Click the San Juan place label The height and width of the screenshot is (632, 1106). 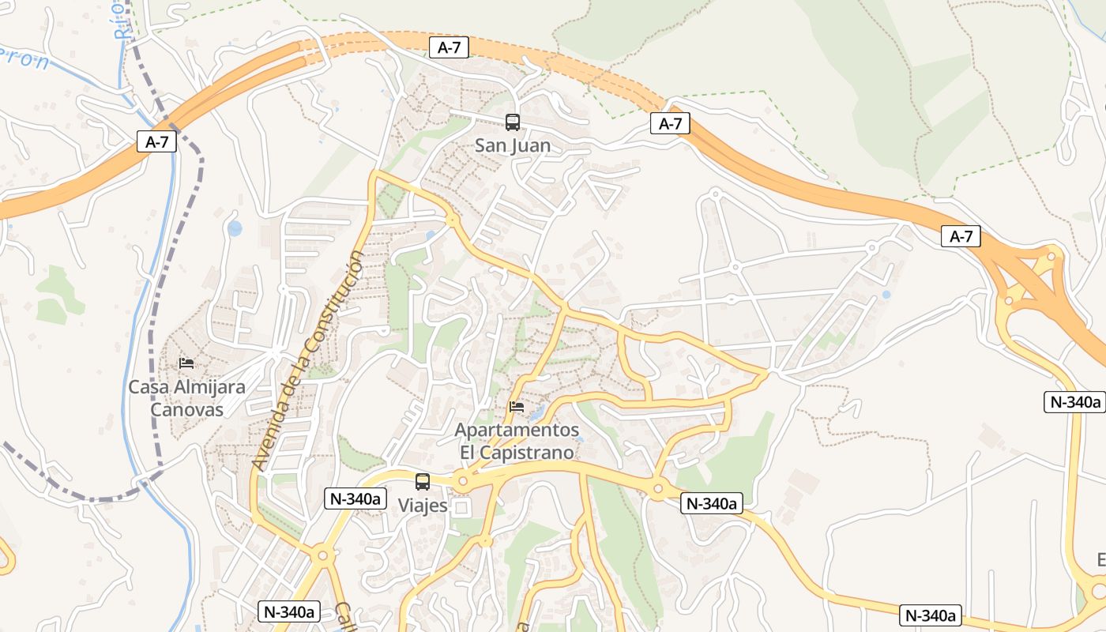click(512, 146)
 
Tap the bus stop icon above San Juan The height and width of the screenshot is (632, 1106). click(513, 122)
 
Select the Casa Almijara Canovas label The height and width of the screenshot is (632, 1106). click(186, 398)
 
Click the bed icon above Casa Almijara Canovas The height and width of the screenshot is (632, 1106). click(186, 363)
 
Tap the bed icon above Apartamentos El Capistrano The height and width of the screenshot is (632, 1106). click(517, 407)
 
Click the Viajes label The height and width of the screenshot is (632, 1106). click(423, 506)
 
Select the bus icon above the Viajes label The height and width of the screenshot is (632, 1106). click(423, 481)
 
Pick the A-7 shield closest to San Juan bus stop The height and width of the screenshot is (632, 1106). click(449, 47)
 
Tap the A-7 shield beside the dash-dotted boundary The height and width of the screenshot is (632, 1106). click(156, 142)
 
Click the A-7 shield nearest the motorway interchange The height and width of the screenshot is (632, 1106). click(961, 236)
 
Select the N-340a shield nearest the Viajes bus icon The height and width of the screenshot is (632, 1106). click(355, 498)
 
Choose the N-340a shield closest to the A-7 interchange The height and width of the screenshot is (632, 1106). click(1074, 401)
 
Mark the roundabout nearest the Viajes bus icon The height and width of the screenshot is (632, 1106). click(462, 480)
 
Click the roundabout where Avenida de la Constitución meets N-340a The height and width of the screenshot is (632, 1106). click(322, 556)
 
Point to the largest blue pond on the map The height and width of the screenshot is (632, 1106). click(235, 229)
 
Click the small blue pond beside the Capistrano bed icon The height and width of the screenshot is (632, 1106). click(537, 413)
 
